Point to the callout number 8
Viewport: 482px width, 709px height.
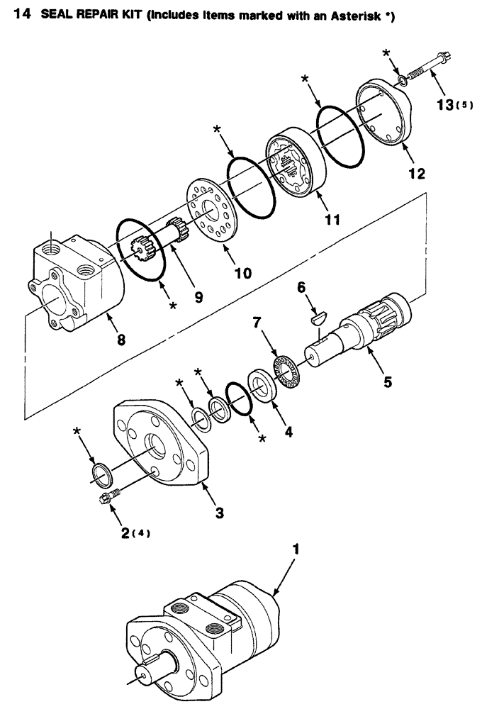click(121, 340)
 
